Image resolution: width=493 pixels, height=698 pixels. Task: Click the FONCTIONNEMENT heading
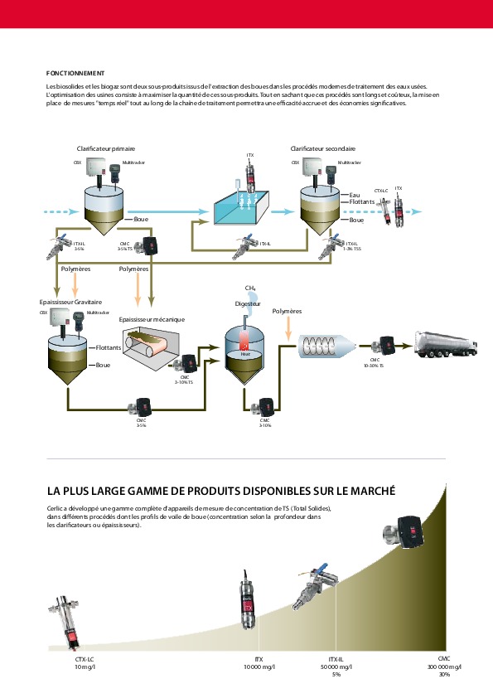pyautogui.click(x=75, y=73)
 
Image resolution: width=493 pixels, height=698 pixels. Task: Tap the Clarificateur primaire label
pyautogui.click(x=106, y=148)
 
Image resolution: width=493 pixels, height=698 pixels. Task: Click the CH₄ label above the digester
pyautogui.click(x=249, y=288)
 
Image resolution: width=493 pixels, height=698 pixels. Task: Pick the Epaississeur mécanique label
pyautogui.click(x=152, y=319)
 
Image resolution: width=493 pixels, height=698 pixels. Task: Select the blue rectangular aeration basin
pyautogui.click(x=243, y=207)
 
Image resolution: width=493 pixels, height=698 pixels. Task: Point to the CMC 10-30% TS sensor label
pyautogui.click(x=375, y=362)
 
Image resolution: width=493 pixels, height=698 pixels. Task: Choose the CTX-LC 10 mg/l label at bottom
pyautogui.click(x=85, y=662)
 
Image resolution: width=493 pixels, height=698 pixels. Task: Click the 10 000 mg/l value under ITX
pyautogui.click(x=259, y=666)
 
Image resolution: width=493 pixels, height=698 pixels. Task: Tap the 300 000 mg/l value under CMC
pyautogui.click(x=444, y=666)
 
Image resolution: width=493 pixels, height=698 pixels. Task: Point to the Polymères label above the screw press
pyautogui.click(x=287, y=311)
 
